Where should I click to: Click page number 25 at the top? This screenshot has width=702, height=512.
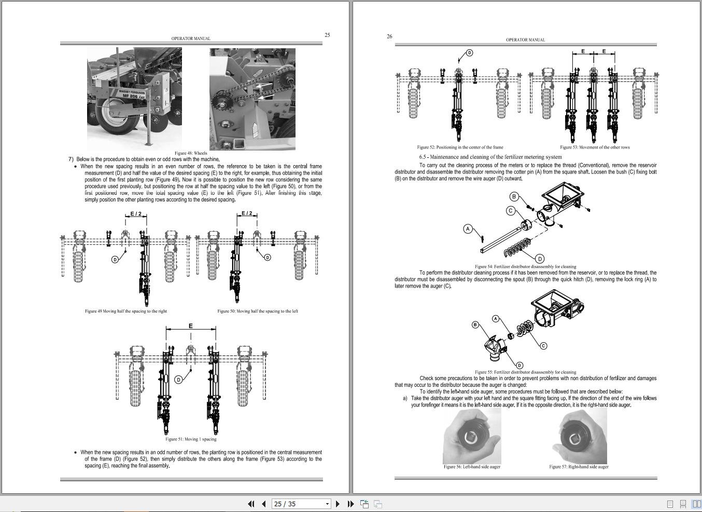pos(327,35)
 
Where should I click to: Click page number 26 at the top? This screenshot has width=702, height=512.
pos(389,36)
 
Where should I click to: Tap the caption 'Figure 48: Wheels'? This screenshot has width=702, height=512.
pos(191,153)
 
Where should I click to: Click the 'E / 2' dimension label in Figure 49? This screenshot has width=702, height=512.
pos(136,213)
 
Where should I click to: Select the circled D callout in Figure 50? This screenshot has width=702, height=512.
pos(268,257)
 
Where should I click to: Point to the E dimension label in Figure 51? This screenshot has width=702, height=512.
pos(191,326)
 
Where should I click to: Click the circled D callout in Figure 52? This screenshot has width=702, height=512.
pos(470,53)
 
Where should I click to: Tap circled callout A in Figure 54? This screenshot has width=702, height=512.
pos(468,228)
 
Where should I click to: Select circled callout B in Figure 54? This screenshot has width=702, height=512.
pos(514,196)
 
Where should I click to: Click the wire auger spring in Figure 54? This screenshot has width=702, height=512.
pos(517,248)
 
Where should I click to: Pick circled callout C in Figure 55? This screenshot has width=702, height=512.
pos(543,345)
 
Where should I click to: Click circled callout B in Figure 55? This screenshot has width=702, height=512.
pos(475,325)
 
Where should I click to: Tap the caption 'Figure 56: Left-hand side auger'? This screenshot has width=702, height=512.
pos(472,467)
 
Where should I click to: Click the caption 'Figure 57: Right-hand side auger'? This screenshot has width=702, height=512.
pos(579,467)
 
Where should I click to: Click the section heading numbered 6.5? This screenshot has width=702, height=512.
pos(490,157)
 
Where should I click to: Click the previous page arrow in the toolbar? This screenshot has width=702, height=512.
pos(263,504)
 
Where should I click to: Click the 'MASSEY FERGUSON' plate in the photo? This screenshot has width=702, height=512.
pos(132,93)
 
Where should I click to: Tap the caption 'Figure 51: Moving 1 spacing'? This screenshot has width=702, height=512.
pos(191,439)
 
